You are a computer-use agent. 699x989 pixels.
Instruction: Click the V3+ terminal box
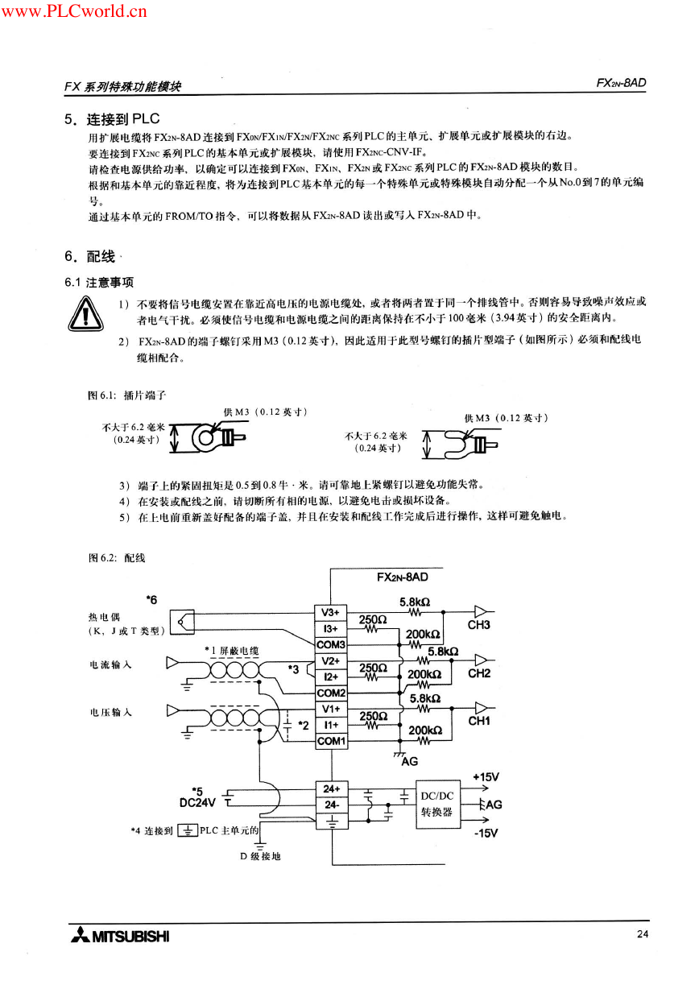[x=330, y=613]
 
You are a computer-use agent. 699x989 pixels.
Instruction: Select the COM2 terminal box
[x=331, y=693]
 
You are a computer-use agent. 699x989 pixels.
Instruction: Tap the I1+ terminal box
[x=331, y=725]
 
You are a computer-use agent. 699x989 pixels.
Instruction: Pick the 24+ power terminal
[x=332, y=789]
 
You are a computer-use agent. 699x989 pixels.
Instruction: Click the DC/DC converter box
[x=437, y=804]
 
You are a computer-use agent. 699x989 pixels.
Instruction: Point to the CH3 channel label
[x=478, y=625]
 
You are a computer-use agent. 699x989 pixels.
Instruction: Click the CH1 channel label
[x=479, y=721]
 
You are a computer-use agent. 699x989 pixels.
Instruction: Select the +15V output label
[x=486, y=776]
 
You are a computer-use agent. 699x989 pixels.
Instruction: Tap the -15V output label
[x=486, y=833]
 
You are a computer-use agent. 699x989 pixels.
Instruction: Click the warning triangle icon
[x=85, y=314]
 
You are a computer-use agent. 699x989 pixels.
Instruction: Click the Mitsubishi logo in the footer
[x=120, y=936]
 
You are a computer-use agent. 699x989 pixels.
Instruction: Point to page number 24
[x=643, y=933]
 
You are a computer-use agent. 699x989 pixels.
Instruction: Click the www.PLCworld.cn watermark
[x=74, y=10]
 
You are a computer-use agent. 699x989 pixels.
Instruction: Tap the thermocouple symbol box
[x=182, y=623]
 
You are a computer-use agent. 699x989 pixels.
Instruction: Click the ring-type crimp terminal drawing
[x=218, y=437]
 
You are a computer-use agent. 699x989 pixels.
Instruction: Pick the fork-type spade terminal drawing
[x=471, y=445]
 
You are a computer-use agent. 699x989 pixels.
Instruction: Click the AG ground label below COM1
[x=409, y=761]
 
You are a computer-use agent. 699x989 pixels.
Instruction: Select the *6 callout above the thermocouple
[x=151, y=599]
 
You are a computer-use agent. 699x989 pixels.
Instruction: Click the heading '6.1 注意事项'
[x=99, y=283]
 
